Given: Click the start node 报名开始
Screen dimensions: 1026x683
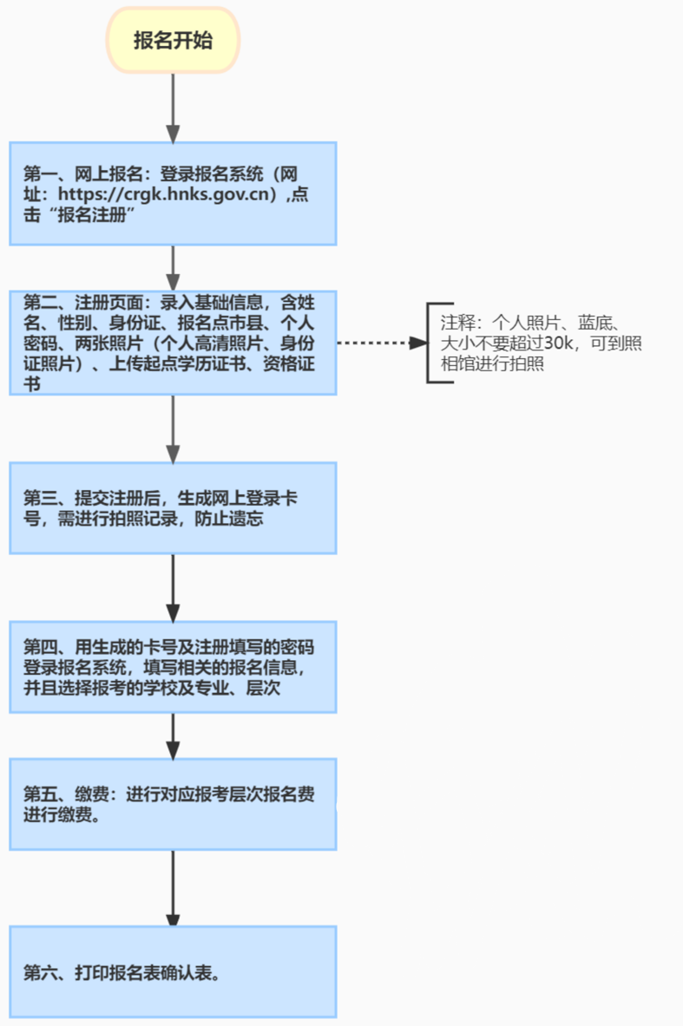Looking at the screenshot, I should pyautogui.click(x=173, y=41).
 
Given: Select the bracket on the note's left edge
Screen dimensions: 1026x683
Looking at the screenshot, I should pyautogui.click(x=429, y=343).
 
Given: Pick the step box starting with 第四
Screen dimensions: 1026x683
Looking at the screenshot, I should pyautogui.click(x=173, y=666).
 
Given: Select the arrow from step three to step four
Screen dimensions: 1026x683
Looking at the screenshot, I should pyautogui.click(x=173, y=586).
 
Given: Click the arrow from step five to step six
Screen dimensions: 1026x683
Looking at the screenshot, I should pyautogui.click(x=173, y=887).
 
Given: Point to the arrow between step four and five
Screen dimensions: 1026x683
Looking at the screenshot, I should pyautogui.click(x=173, y=735).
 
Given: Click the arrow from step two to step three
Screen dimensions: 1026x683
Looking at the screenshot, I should pyautogui.click(x=173, y=428).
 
